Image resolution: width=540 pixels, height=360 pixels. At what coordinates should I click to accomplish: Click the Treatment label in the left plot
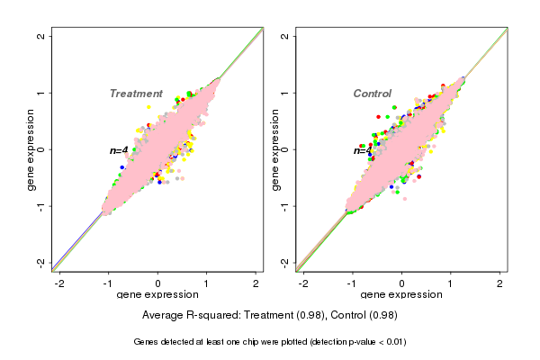pyautogui.click(x=136, y=94)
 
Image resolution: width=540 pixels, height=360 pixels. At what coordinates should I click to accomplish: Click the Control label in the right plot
pyautogui.click(x=372, y=94)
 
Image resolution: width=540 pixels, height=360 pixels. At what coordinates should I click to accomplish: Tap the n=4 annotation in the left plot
pyautogui.click(x=119, y=150)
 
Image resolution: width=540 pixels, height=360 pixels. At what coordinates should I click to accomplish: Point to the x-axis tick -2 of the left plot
pyautogui.click(x=59, y=283)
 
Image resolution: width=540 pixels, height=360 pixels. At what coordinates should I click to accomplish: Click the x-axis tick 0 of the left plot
pyautogui.click(x=158, y=283)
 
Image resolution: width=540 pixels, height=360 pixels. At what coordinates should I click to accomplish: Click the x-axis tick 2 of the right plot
pyautogui.click(x=499, y=283)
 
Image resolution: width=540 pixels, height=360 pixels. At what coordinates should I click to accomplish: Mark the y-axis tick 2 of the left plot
pyautogui.click(x=41, y=36)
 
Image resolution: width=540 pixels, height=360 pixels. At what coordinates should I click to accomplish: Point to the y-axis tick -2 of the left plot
pyautogui.click(x=41, y=262)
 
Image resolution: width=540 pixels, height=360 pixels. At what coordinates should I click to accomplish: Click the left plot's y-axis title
pyautogui.click(x=31, y=149)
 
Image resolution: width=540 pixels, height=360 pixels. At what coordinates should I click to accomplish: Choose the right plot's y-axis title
pyautogui.click(x=275, y=149)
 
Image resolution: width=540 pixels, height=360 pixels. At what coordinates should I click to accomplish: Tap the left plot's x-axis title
pyautogui.click(x=158, y=295)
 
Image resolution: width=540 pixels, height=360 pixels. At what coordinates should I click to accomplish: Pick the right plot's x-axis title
pyautogui.click(x=401, y=295)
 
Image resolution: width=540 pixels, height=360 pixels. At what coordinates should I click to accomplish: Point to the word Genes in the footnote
pyautogui.click(x=147, y=342)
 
